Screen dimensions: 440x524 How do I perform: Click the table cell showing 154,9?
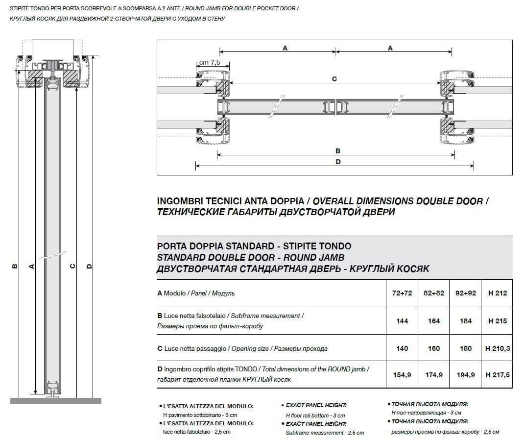pos(402,375)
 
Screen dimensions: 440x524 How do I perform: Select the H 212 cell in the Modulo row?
pos(497,293)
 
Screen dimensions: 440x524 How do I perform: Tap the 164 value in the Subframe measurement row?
pos(434,321)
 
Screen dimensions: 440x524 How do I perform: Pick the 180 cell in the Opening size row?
pos(466,348)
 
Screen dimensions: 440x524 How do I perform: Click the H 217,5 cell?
pos(497,375)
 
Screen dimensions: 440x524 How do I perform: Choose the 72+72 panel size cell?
pos(402,293)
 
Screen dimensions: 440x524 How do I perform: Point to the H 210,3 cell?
pos(497,348)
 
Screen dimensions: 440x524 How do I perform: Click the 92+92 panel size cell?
pos(466,293)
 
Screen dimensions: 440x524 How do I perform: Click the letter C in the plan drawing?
pos(334,79)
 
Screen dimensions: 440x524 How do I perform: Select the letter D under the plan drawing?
pos(338,162)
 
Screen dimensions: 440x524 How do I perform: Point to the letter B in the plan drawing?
pos(338,151)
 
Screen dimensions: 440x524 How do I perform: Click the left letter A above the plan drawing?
pos(285,48)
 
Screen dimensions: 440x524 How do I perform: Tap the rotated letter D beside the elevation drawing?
pos(89,266)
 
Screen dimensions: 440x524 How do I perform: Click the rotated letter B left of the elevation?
pos(15,266)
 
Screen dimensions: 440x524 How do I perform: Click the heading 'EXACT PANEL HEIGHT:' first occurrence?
pos(316,405)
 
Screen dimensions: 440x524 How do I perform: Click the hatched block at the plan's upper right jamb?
pos(447,89)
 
